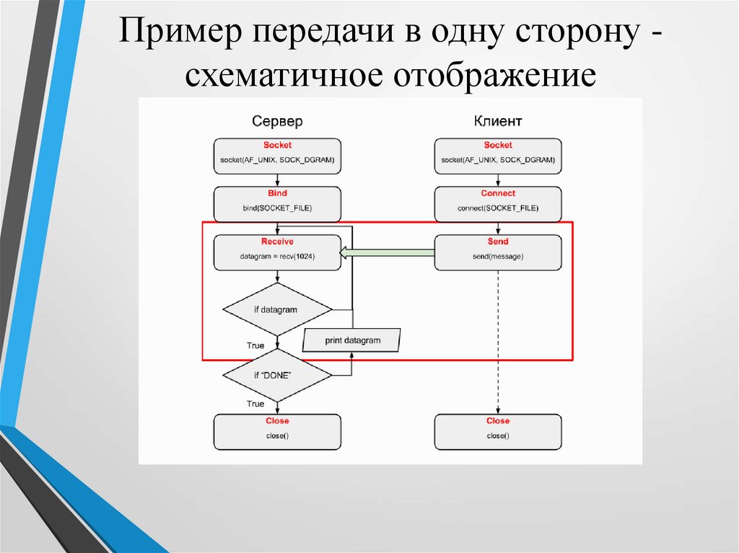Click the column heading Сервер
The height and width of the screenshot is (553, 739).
tap(277, 121)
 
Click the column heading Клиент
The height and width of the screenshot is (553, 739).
tap(498, 121)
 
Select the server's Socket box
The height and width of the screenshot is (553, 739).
tap(277, 156)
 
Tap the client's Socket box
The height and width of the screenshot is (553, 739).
tap(498, 156)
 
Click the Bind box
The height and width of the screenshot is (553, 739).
tap(277, 204)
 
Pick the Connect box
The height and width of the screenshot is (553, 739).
tap(498, 204)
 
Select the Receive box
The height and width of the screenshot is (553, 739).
tap(277, 252)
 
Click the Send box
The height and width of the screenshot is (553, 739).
tap(498, 252)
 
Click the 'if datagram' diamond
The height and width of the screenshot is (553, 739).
tap(277, 310)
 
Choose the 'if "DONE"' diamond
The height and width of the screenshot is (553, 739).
tap(277, 376)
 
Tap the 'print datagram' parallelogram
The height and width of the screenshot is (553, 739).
tap(351, 340)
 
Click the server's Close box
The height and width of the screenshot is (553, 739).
tap(277, 431)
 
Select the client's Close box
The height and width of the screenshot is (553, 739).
tap(498, 431)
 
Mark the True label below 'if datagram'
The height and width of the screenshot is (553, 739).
tap(255, 346)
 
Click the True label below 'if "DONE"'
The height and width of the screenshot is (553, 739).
tap(255, 404)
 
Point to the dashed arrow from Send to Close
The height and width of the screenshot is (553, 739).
tap(498, 339)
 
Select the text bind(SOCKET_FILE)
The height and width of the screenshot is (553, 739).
tap(277, 209)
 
